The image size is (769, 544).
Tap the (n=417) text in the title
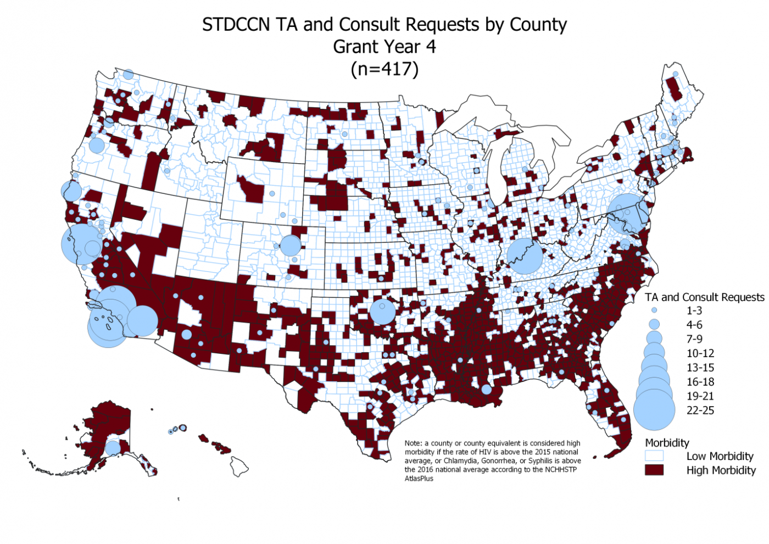point(384,69)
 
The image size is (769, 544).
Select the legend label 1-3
point(694,310)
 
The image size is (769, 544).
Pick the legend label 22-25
point(700,410)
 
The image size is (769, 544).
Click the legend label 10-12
point(700,353)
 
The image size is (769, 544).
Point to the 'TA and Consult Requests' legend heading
point(704,297)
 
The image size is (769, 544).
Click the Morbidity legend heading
point(667,443)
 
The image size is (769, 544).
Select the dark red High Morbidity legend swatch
point(654,470)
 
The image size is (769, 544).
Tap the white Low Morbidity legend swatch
point(654,456)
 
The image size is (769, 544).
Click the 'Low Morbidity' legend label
point(720,456)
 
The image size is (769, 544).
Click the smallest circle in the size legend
point(654,310)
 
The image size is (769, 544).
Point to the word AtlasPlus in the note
point(419,479)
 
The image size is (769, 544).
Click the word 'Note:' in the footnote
point(414,443)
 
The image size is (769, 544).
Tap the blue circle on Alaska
point(113,448)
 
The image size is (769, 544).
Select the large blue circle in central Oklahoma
point(382,312)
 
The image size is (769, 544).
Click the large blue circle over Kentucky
point(525,256)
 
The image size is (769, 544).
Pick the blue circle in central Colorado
point(290,245)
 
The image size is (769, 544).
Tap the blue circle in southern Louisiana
point(486,390)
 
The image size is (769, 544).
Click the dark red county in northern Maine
point(673,88)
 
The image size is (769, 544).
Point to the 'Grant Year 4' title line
point(384,47)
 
